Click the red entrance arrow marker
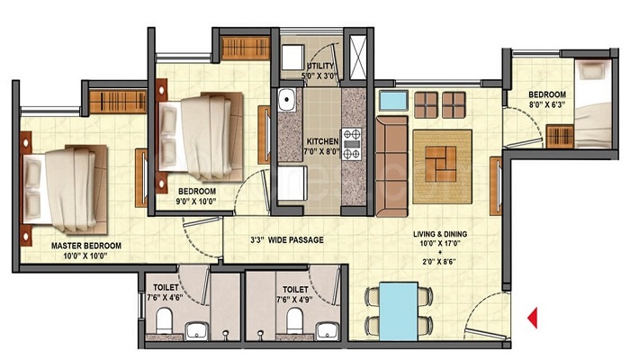tap(532, 317)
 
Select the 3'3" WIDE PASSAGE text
tap(286, 240)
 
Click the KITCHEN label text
tap(321, 142)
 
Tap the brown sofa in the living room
tap(391, 166)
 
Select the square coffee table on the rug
tap(442, 166)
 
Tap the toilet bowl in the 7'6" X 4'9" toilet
tap(293, 322)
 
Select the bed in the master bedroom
tap(65, 185)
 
